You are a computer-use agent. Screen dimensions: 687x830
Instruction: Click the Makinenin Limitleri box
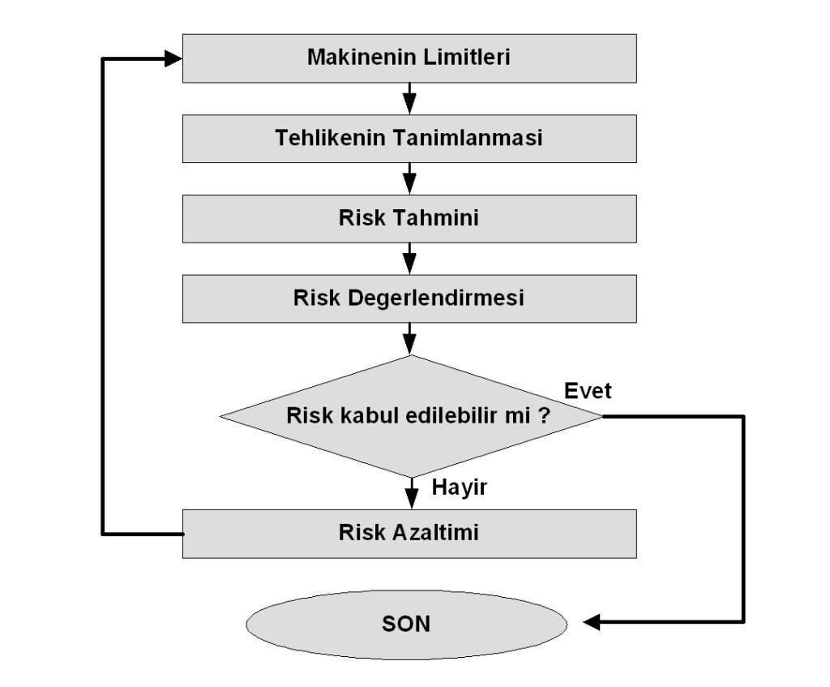pos(409,58)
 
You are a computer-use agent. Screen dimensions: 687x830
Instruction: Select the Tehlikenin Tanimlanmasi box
pos(409,137)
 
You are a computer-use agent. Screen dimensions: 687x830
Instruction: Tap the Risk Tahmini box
pos(409,217)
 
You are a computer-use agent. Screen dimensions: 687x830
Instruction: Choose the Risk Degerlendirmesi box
pos(409,297)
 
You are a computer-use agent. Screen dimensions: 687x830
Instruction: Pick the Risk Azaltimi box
pos(409,533)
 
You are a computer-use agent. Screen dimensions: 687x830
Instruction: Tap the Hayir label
pos(459,487)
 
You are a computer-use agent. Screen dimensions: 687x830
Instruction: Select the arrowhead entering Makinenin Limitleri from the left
pos(173,58)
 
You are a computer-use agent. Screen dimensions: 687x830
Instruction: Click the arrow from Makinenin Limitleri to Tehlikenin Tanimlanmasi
pos(409,98)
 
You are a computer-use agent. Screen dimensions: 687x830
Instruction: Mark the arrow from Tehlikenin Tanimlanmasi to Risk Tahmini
pos(409,178)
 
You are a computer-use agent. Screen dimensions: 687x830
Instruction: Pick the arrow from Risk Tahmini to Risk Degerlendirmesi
pos(409,257)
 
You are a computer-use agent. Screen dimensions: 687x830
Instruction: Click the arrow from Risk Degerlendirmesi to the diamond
pos(409,337)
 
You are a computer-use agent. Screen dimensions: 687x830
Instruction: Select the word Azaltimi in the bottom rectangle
pos(441,533)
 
